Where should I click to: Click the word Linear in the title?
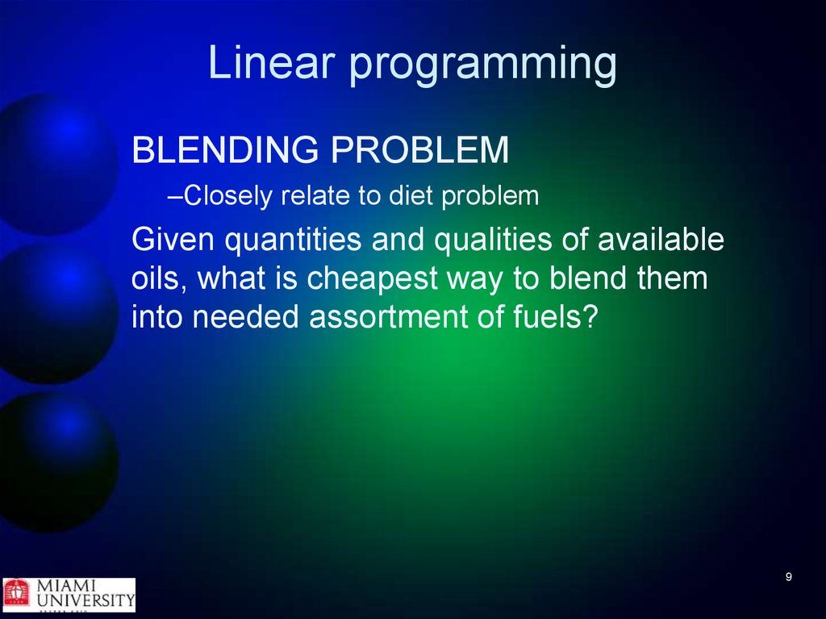tap(271, 62)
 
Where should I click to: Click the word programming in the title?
tap(483, 65)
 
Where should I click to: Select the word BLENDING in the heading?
tap(226, 150)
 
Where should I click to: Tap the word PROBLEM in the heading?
tap(419, 150)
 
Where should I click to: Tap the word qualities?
tap(492, 240)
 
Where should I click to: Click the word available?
tap(661, 239)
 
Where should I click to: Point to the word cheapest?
tap(372, 279)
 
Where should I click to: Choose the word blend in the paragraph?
tap(587, 278)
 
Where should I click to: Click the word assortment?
tap(388, 317)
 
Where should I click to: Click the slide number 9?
tap(789, 576)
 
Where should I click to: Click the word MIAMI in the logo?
tap(66, 586)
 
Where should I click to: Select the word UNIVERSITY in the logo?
tap(86, 600)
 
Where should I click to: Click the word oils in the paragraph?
tap(156, 278)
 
